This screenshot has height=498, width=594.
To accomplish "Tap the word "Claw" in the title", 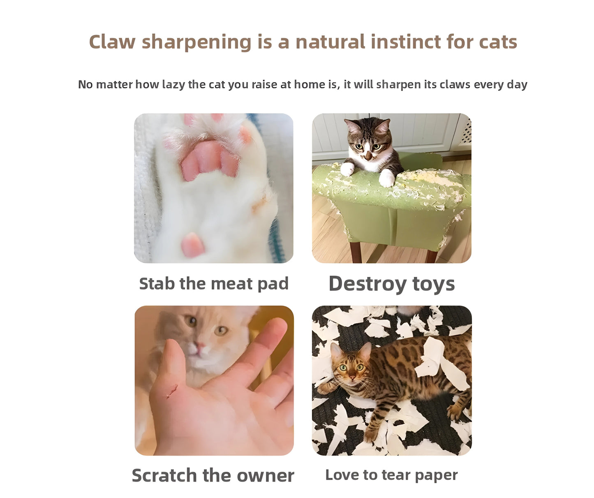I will pyautogui.click(x=112, y=42).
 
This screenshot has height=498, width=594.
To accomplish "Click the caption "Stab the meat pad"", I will pyautogui.click(x=214, y=284).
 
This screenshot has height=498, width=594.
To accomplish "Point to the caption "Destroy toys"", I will pyautogui.click(x=391, y=284).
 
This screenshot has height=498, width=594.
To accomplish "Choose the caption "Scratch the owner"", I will pyautogui.click(x=213, y=475).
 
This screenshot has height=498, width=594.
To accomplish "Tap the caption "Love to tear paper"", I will pyautogui.click(x=391, y=475).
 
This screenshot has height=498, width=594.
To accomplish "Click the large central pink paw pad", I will pyautogui.click(x=209, y=161).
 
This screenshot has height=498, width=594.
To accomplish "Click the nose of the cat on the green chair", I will pyautogui.click(x=368, y=156).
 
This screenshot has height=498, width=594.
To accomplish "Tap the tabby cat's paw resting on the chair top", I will pyautogui.click(x=387, y=178).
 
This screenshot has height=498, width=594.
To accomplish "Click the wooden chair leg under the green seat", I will pyautogui.click(x=356, y=252).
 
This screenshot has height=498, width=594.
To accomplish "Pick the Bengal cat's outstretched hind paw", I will pyautogui.click(x=455, y=411).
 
